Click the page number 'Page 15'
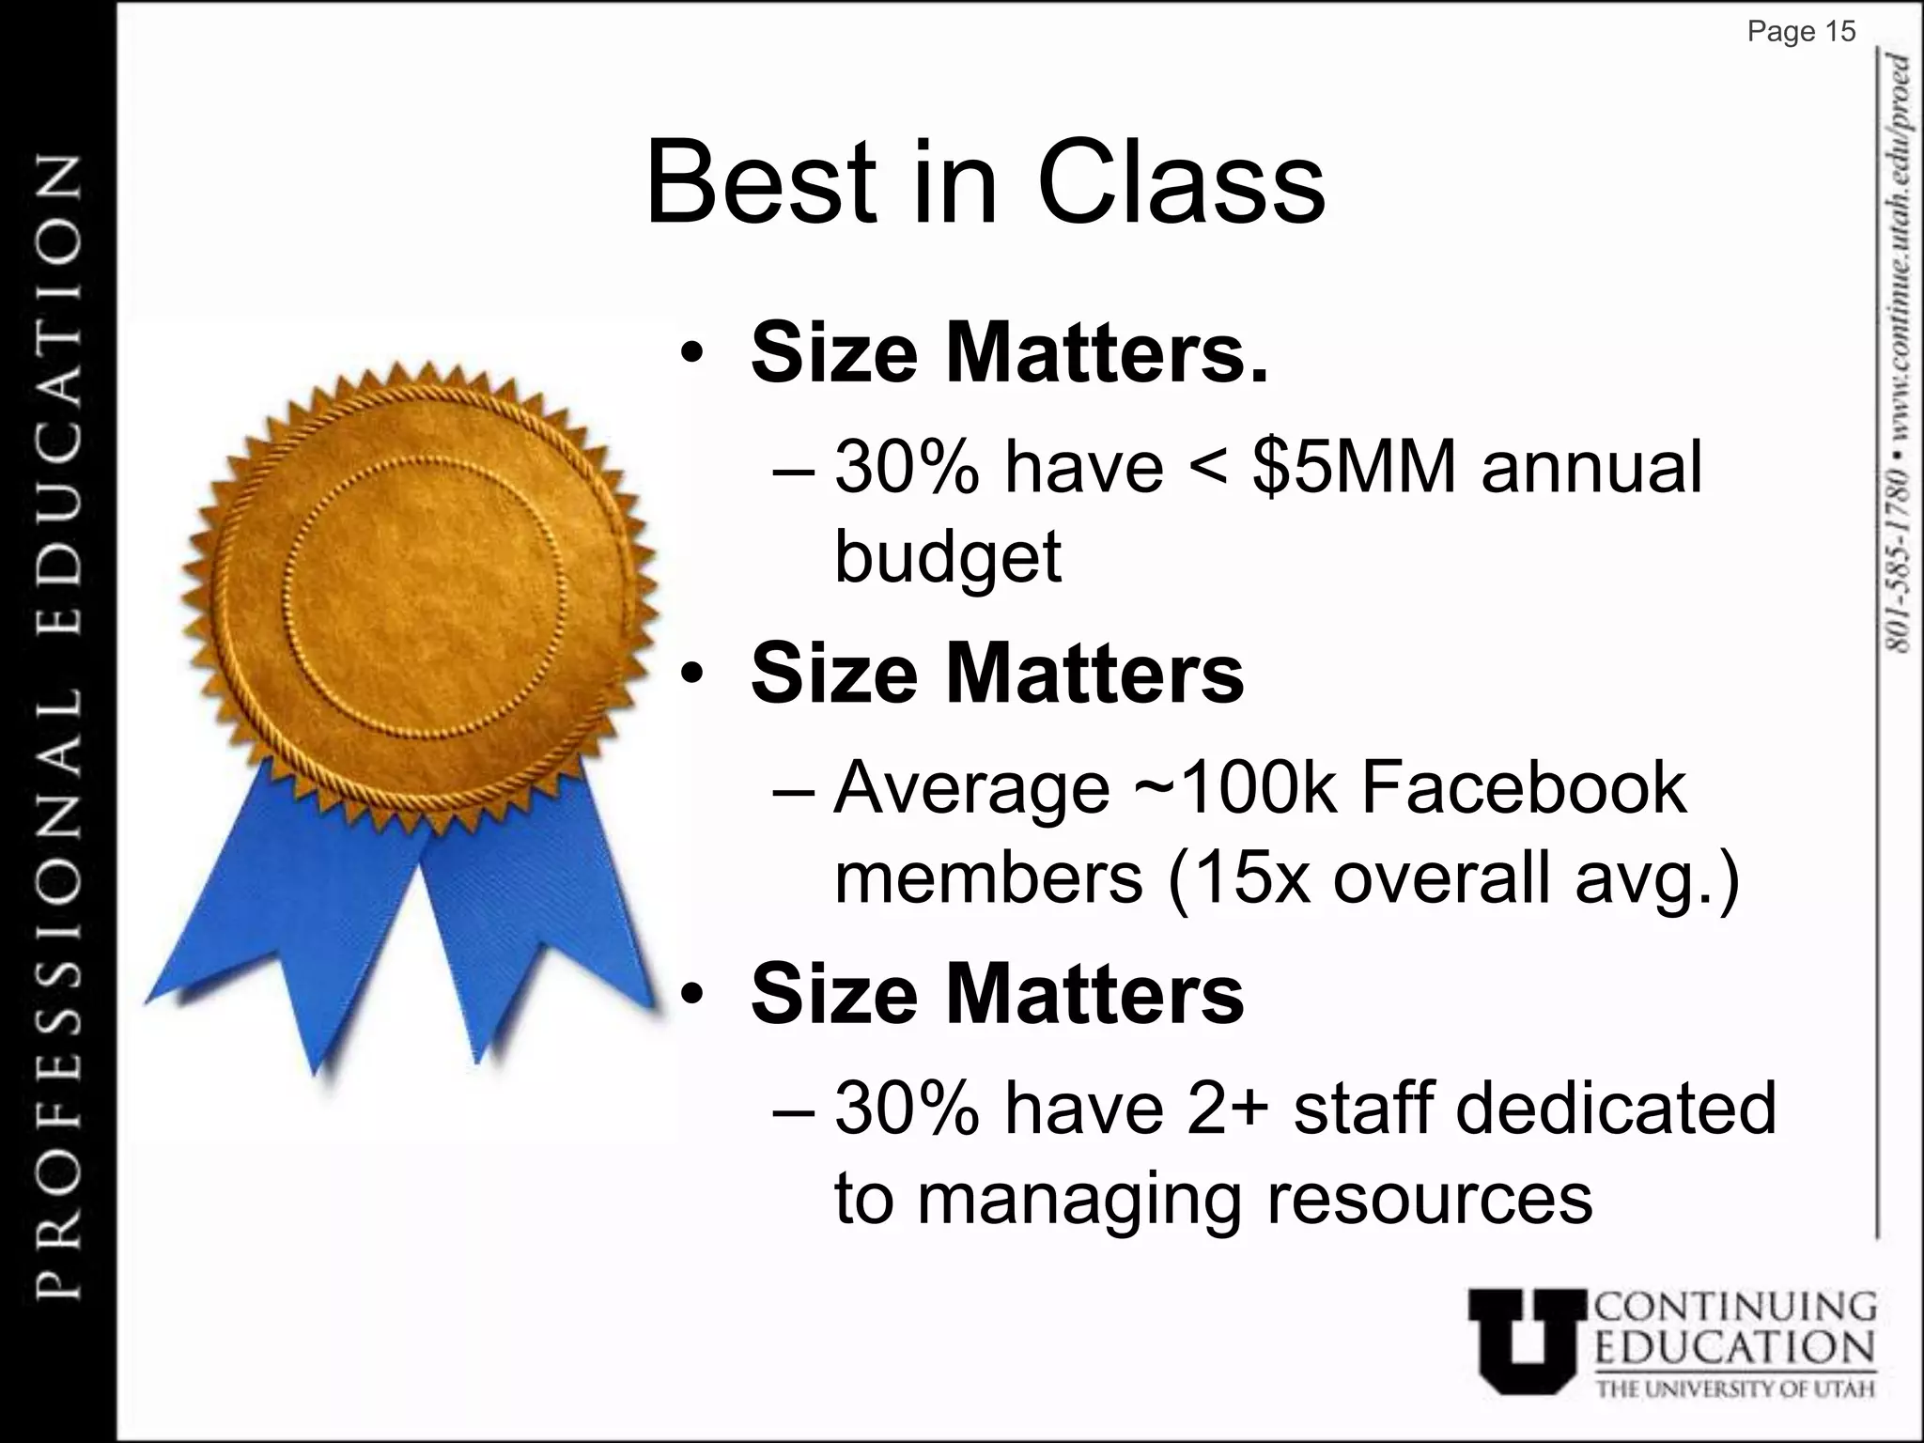[1801, 32]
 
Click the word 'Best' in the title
[761, 182]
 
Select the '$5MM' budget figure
[1353, 467]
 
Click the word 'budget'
[948, 557]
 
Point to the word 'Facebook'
[1522, 787]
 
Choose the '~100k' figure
[1234, 787]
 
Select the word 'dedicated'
[1615, 1108]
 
